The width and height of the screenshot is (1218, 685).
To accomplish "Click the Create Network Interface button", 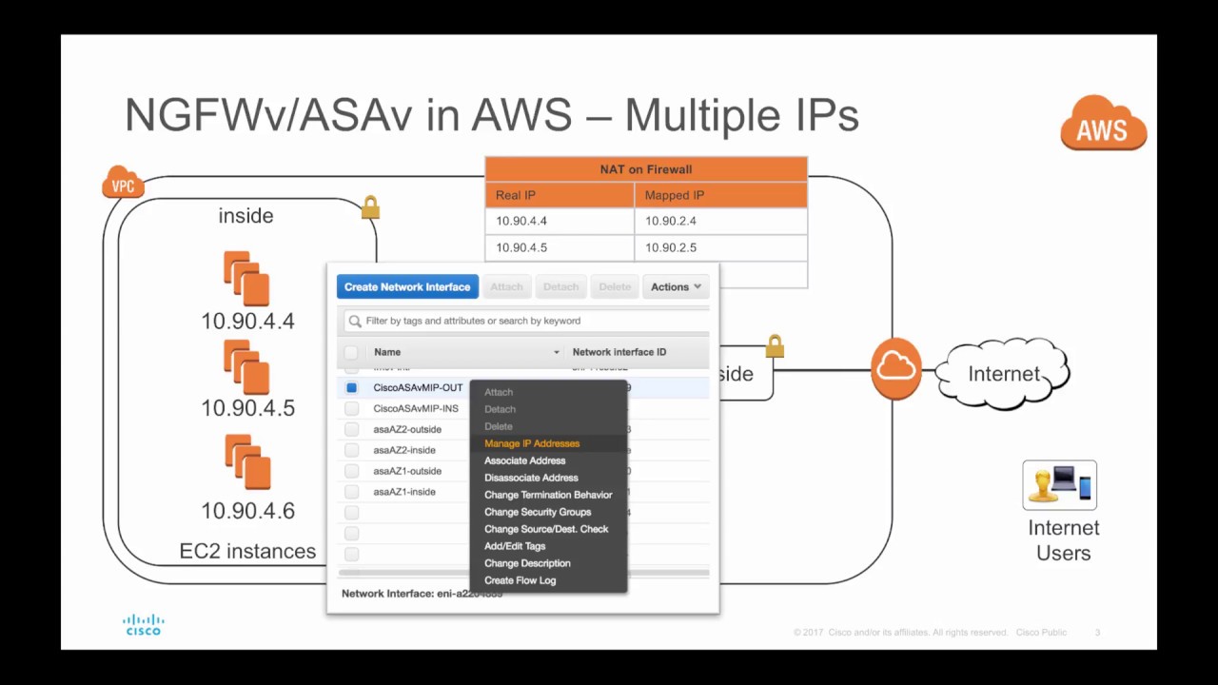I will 407,286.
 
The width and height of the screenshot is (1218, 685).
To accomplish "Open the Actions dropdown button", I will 676,286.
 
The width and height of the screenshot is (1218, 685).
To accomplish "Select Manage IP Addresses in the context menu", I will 531,443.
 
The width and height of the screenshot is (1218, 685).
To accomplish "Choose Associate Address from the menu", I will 524,460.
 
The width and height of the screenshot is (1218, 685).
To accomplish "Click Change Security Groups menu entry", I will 537,512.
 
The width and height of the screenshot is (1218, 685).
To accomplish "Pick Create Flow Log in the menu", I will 520,580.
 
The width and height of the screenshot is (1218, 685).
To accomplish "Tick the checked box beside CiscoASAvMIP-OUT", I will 352,388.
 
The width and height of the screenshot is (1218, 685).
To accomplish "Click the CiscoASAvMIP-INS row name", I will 415,408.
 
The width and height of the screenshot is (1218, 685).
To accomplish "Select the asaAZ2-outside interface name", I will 407,429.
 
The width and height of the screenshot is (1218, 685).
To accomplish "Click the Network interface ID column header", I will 619,352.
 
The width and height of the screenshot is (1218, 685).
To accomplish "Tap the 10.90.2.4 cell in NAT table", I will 671,221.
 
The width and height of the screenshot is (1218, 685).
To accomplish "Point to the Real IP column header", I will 516,195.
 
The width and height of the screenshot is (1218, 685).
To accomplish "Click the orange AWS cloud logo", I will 1103,124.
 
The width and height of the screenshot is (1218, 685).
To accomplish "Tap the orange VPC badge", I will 123,184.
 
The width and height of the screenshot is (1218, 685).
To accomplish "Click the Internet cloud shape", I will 1003,373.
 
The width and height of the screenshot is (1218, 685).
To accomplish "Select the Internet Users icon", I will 1059,484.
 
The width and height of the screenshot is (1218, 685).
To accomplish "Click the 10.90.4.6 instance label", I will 247,511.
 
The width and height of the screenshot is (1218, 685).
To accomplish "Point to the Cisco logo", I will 144,625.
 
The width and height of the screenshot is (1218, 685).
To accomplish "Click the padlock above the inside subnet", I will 370,207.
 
